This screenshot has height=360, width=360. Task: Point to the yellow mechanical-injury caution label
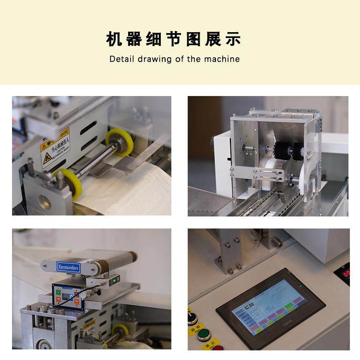[54, 146]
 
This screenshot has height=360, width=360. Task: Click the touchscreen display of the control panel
[269, 306]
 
